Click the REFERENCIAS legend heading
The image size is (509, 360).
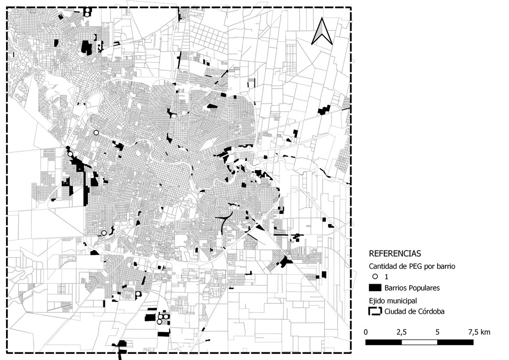coord(394,253)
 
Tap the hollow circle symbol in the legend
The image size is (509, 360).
coord(375,276)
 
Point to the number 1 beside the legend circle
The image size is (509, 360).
coord(387,276)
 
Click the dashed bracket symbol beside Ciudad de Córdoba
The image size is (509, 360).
coord(375,311)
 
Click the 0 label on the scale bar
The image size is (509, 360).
coord(366,332)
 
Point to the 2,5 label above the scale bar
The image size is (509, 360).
coord(401,332)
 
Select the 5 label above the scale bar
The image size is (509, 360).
coord(437,332)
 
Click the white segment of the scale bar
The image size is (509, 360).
coord(419,342)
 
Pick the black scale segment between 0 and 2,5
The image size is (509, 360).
coord(384,342)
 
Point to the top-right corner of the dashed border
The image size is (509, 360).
coord(351,8)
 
